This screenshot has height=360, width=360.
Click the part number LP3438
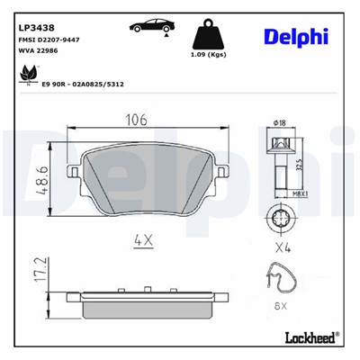pyautogui.click(x=33, y=27)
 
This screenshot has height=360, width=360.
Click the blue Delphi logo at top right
pyautogui.click(x=294, y=35)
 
